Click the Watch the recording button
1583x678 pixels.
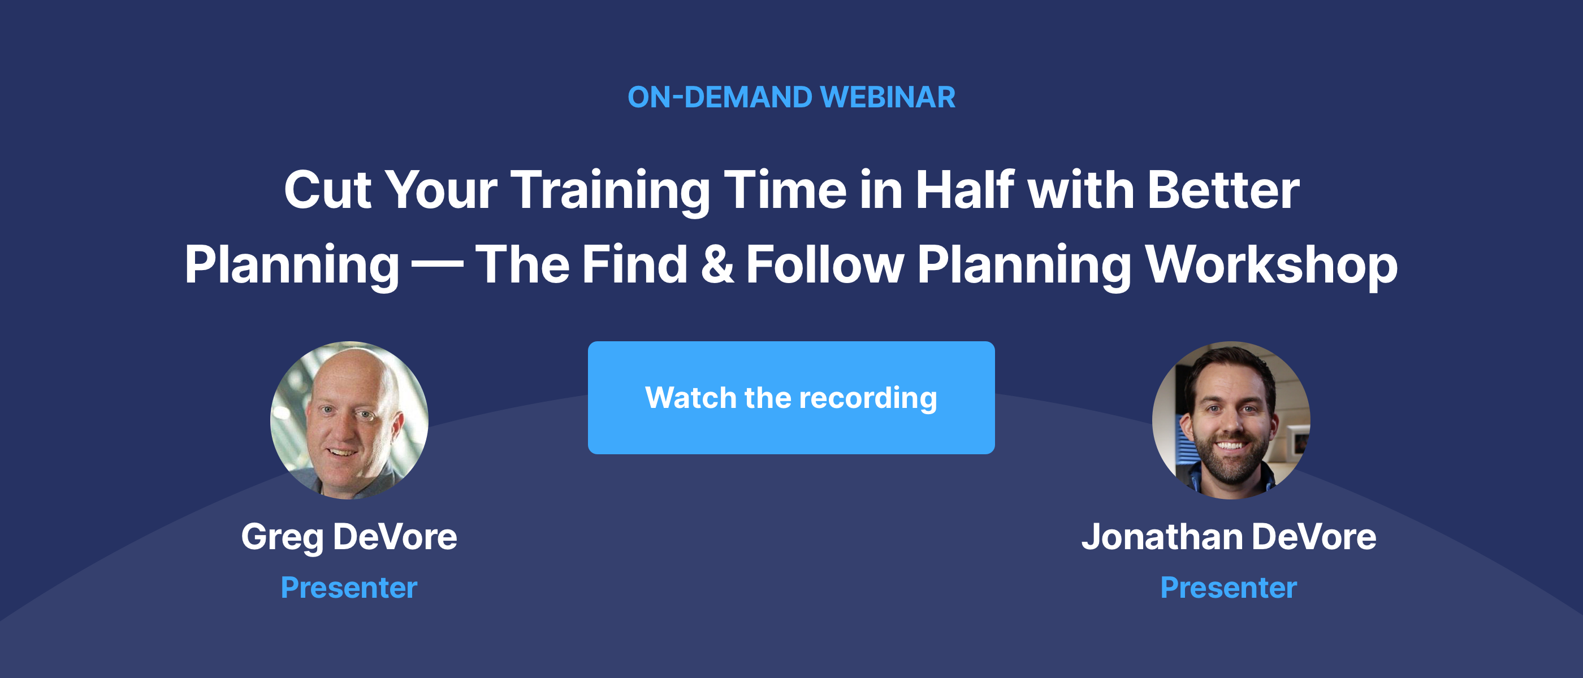(x=791, y=397)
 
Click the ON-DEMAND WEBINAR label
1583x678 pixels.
(x=791, y=98)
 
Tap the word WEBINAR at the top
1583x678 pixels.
(x=888, y=98)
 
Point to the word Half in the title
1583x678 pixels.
(x=966, y=190)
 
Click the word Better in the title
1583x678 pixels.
(x=1223, y=190)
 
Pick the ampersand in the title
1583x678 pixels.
(x=717, y=264)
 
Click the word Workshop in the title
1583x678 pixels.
(x=1271, y=266)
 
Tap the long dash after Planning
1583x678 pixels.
(x=437, y=266)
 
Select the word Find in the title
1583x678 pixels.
(x=635, y=264)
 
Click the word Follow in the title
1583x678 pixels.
(x=825, y=264)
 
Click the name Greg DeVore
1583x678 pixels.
(x=349, y=538)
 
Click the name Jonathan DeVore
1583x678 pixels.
(x=1229, y=537)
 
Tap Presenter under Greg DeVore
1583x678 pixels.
(x=349, y=588)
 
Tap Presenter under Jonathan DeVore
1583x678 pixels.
(x=1229, y=588)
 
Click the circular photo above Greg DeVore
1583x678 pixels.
(x=349, y=420)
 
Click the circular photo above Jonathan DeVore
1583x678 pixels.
(x=1231, y=420)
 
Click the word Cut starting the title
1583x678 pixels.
(x=327, y=190)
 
